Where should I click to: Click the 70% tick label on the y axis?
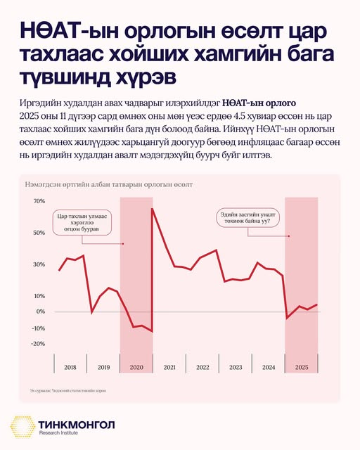(39, 201)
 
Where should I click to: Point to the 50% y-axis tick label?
(39, 232)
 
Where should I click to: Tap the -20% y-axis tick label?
(38, 344)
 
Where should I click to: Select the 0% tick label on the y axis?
(41, 311)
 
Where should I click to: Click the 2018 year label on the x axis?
(70, 367)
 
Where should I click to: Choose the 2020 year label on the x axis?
(136, 367)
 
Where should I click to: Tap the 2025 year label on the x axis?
(302, 367)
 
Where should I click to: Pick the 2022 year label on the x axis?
(202, 367)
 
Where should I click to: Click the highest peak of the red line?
(153, 209)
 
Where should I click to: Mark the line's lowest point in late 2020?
(152, 332)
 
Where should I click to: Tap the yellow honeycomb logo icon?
(24, 429)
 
